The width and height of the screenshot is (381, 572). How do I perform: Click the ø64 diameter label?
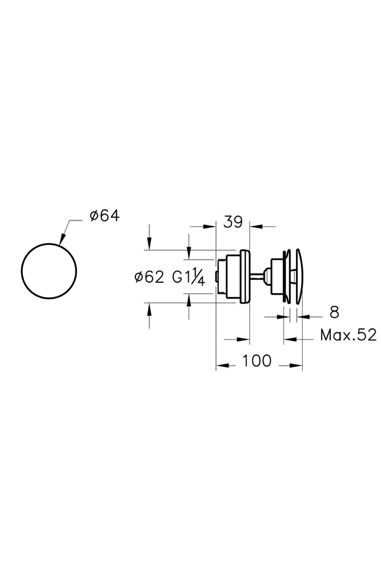pos(104,216)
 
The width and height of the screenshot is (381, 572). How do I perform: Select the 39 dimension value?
pos(233,222)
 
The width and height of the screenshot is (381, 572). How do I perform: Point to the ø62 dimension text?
pos(149,277)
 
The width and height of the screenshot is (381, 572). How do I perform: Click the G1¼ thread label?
pos(189,277)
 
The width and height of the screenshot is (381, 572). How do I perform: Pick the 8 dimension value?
pos(334,312)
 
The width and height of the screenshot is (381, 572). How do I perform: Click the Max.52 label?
pos(348,335)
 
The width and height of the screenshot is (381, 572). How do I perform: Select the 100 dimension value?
pos(257,361)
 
